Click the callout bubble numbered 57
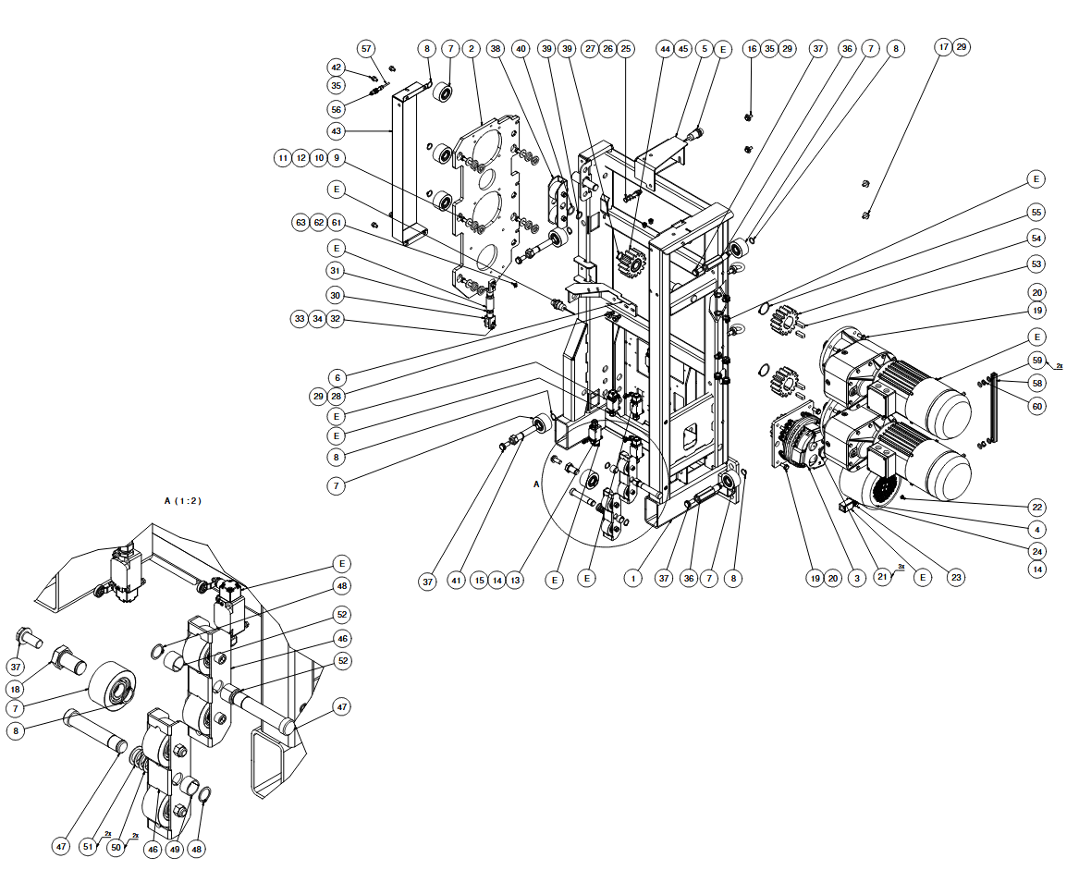point(367,48)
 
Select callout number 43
point(336,130)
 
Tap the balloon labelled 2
point(472,48)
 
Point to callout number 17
point(943,48)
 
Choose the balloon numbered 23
point(957,578)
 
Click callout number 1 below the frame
point(632,579)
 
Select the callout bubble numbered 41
point(456,581)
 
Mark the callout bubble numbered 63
point(300,222)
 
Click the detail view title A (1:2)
point(182,500)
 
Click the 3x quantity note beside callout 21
point(900,567)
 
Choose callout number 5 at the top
point(705,48)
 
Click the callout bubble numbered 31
point(336,271)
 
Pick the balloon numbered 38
point(497,48)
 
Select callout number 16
point(751,48)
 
